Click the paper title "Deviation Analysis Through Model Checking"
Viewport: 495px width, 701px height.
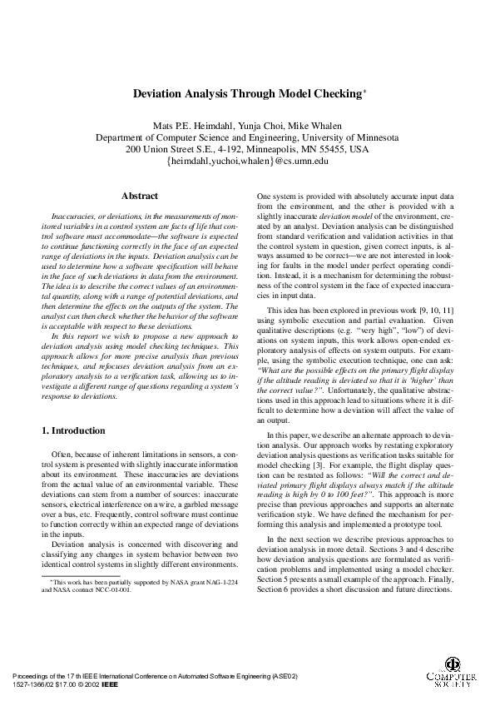[x=245, y=96]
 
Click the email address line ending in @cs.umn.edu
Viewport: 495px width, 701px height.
[x=247, y=162]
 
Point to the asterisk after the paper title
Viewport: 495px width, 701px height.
[x=364, y=92]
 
